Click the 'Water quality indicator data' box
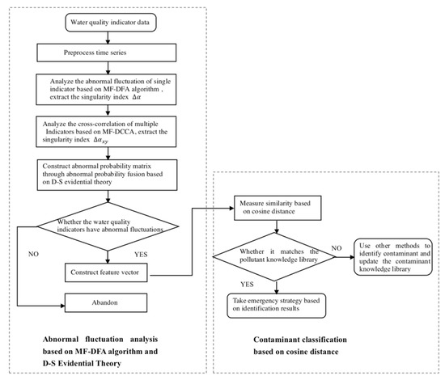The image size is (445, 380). pos(111,23)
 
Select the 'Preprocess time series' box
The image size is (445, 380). pos(107,53)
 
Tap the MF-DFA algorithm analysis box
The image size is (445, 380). pos(106,89)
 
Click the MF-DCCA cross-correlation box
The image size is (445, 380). pos(106,132)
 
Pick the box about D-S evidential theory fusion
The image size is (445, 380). pos(108,175)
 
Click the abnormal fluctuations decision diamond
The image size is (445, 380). pos(108,226)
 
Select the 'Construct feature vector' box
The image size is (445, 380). pos(106,272)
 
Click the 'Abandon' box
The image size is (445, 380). pos(106,303)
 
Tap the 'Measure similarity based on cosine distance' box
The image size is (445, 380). pos(278,208)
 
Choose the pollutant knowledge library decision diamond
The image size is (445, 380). pos(274,256)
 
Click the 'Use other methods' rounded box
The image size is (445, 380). pos(393,256)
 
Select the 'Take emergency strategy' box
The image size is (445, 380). pos(277,306)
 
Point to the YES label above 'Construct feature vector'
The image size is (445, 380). pos(141,255)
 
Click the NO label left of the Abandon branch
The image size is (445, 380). pos(33,254)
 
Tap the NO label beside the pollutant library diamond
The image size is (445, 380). pos(337,248)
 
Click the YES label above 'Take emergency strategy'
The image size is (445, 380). pos(247,285)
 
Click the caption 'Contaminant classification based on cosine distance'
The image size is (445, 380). pos(300,345)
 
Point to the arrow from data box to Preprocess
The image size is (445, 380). pos(108,37)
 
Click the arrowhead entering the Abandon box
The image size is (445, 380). pos(63,306)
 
